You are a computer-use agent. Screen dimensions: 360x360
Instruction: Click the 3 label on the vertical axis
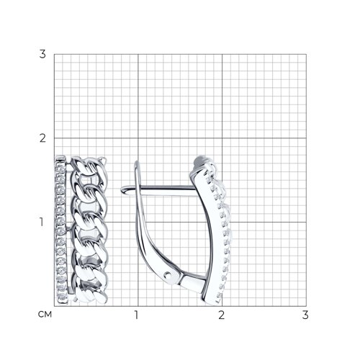(42, 54)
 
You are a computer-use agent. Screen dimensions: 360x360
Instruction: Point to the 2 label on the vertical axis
(42, 138)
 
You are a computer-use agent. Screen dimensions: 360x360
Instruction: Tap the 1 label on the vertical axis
(42, 222)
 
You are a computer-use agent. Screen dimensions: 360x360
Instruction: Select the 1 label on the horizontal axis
(137, 315)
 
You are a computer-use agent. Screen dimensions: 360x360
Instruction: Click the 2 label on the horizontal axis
(221, 315)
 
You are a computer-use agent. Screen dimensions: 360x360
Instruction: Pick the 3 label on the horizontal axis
(305, 315)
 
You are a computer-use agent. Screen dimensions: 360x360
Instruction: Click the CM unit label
(45, 315)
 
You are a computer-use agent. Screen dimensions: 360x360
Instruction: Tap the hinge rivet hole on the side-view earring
(168, 274)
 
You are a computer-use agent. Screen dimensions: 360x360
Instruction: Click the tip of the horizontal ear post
(121, 189)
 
